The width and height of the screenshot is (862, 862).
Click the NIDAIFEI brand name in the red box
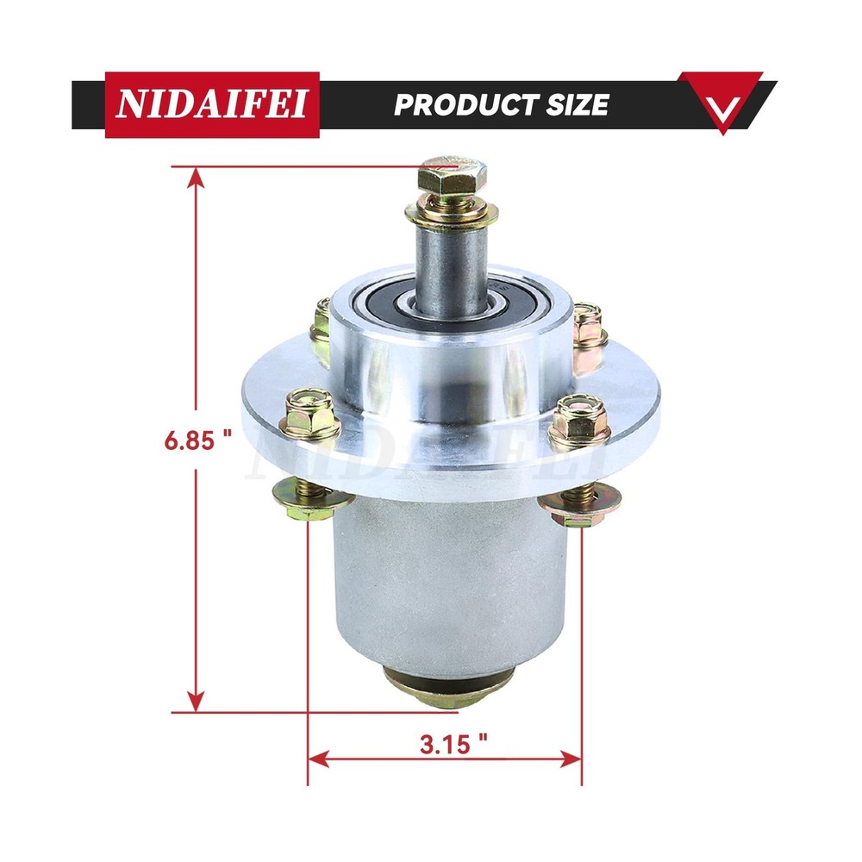[212, 105]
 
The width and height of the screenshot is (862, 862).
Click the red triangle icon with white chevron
[721, 101]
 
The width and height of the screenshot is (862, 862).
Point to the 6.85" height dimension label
[199, 440]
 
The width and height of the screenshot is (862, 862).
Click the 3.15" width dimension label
[445, 744]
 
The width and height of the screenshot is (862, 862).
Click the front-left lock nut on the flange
[312, 415]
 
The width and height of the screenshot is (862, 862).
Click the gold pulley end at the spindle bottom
[446, 687]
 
